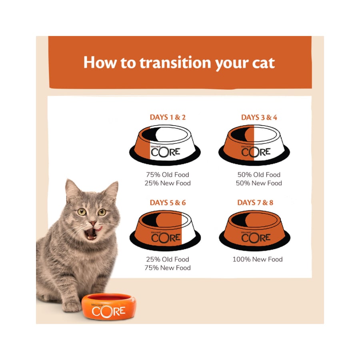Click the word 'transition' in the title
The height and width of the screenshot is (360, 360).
pyautogui.click(x=175, y=63)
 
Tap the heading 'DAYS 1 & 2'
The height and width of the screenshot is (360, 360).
pyautogui.click(x=168, y=117)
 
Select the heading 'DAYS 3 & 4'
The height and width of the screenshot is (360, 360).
pyautogui.click(x=259, y=118)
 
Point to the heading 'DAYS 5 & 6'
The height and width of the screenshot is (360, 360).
pyautogui.click(x=168, y=202)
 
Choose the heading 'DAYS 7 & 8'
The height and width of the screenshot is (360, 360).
pyautogui.click(x=255, y=202)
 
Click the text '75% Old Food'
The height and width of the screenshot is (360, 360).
pyautogui.click(x=168, y=175)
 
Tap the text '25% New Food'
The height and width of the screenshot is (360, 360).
pyautogui.click(x=168, y=183)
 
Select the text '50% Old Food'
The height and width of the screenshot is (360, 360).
pyautogui.click(x=259, y=175)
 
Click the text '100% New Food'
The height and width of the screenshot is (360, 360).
pyautogui.click(x=258, y=260)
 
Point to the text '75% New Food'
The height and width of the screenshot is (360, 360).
pyautogui.click(x=168, y=268)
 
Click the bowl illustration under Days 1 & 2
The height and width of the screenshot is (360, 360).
pyautogui.click(x=165, y=145)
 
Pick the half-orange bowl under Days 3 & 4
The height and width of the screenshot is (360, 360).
pyautogui.click(x=254, y=145)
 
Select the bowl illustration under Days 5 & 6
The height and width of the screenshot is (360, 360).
pyautogui.click(x=165, y=230)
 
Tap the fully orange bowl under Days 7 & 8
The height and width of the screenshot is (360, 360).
pyautogui.click(x=254, y=230)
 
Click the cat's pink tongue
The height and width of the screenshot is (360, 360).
pyautogui.click(x=99, y=229)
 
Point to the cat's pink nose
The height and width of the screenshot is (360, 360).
pyautogui.click(x=93, y=223)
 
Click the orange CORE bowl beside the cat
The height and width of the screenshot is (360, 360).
pyautogui.click(x=109, y=306)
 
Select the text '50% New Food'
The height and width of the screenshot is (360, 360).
pyautogui.click(x=259, y=183)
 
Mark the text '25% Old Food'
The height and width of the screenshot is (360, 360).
pyautogui.click(x=168, y=260)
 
